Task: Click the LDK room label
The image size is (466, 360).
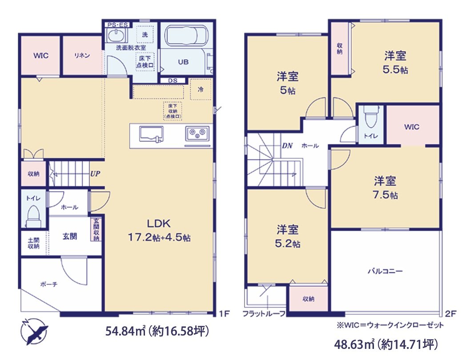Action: [159, 223]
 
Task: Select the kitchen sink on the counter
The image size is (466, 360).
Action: [151, 134]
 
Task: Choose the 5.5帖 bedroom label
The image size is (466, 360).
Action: [396, 62]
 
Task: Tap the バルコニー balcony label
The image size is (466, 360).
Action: [385, 270]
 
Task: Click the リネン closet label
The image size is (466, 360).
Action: [82, 56]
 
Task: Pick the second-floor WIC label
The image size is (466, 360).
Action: [412, 127]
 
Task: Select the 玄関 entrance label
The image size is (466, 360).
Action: [69, 236]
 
